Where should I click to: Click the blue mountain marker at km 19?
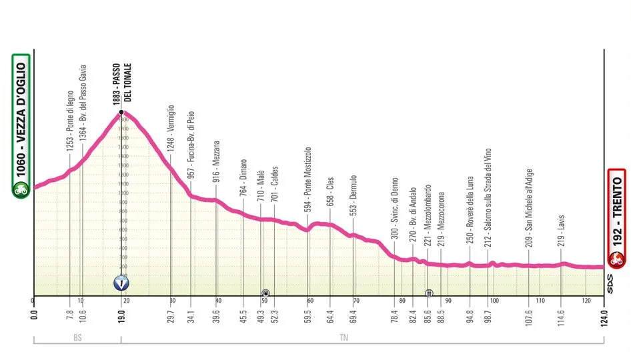point(121,283)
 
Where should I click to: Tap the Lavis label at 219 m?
point(562,230)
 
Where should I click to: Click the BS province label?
point(77,339)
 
